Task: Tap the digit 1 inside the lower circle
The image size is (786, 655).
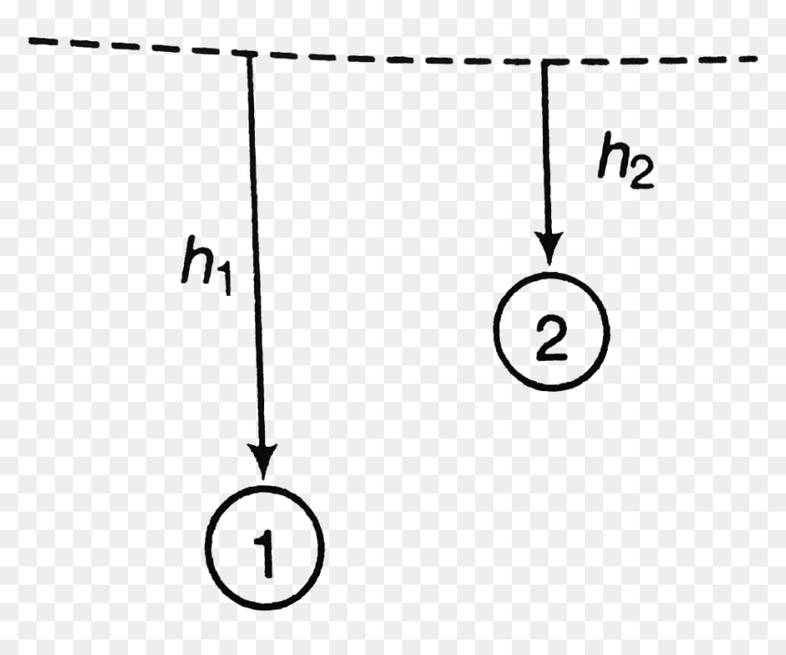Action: pos(265,554)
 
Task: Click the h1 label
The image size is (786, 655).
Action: pos(207,266)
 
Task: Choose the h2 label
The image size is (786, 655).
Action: pos(626,161)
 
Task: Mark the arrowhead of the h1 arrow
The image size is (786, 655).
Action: pos(262,461)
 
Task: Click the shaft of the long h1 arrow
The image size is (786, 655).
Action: pos(255,250)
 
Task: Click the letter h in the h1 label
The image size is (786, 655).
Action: pos(196,259)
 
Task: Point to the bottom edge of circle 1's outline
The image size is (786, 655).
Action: pos(265,607)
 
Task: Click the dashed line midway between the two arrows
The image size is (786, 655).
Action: pos(397,58)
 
